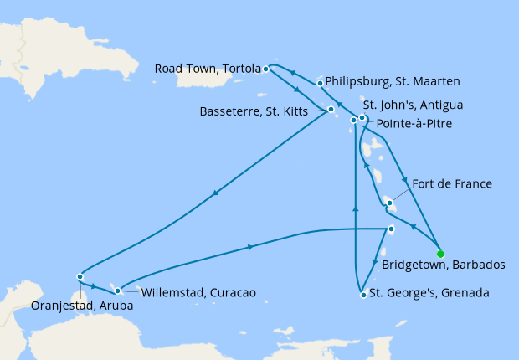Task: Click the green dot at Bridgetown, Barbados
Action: click(x=440, y=253)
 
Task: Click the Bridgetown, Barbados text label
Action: click(x=443, y=265)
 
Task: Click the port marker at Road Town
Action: click(x=265, y=69)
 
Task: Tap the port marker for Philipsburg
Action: click(x=320, y=83)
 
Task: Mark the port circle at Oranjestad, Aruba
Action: click(x=80, y=276)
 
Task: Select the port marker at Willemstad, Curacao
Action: click(x=118, y=291)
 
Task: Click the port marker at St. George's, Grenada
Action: click(x=362, y=294)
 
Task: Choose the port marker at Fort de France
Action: click(x=389, y=202)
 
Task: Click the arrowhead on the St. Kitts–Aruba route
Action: click(x=216, y=193)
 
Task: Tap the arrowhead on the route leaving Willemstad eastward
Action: click(x=250, y=247)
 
